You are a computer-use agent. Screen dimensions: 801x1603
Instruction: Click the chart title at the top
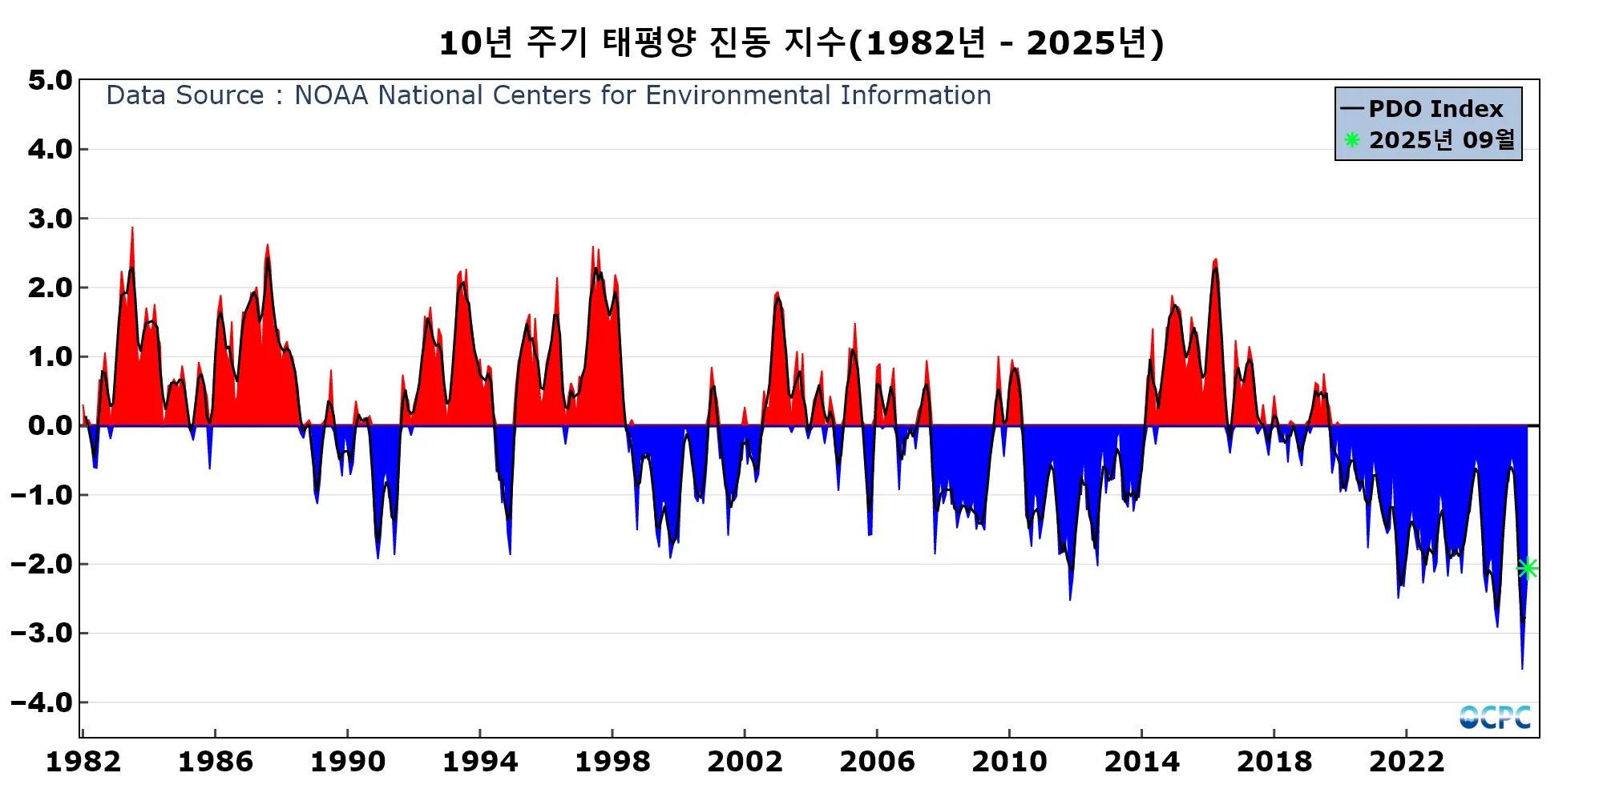click(801, 43)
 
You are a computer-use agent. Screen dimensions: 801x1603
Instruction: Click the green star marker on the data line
click(1527, 568)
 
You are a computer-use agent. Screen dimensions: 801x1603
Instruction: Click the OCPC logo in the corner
click(1495, 717)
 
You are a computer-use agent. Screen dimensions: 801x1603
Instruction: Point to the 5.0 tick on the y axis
click(50, 80)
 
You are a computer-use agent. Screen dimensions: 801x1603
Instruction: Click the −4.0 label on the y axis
click(42, 702)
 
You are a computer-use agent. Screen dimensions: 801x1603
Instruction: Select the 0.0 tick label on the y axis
click(50, 425)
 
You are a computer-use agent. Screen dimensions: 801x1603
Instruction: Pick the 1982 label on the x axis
click(83, 762)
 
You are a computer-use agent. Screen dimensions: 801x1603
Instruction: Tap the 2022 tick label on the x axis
click(1407, 762)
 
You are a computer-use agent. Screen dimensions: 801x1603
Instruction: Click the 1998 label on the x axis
click(612, 762)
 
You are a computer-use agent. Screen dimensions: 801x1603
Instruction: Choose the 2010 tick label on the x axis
click(1009, 762)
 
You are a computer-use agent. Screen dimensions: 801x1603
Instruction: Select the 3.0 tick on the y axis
click(50, 219)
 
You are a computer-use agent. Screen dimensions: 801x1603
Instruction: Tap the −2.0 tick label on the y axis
click(42, 564)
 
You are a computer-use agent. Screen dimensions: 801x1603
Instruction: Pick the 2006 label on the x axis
click(877, 762)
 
